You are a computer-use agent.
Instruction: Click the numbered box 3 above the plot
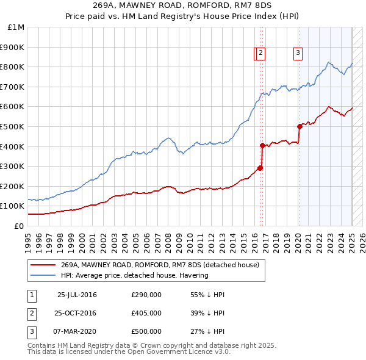tap(298, 54)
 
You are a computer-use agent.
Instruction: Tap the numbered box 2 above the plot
tap(260, 54)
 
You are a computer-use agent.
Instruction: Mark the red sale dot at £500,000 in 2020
tap(300, 126)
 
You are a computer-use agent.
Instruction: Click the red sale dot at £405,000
tap(262, 145)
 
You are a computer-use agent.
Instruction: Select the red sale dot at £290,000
tap(260, 168)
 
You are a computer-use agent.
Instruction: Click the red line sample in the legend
tap(43, 265)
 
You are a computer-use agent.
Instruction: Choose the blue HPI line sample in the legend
tap(43, 275)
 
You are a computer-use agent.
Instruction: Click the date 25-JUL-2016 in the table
tap(77, 295)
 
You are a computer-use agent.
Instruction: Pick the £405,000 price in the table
tap(146, 313)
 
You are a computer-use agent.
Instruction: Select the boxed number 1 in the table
tap(30, 295)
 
